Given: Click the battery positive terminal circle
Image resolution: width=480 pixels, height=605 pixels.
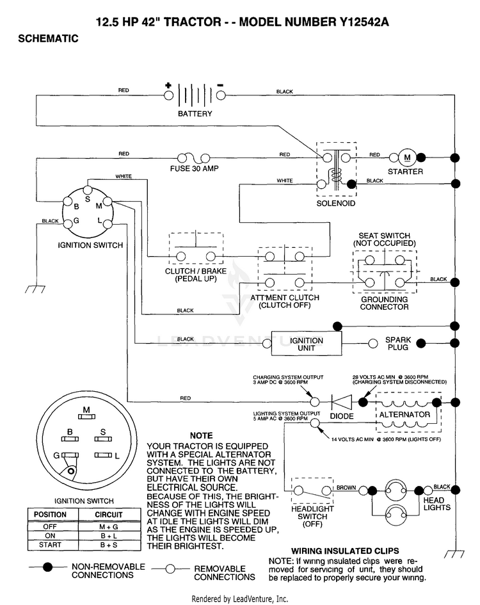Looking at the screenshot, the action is (x=168, y=95).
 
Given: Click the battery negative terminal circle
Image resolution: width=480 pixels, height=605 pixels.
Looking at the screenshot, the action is (x=221, y=95).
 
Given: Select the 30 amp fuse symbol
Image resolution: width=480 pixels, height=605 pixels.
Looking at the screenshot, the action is (x=194, y=158).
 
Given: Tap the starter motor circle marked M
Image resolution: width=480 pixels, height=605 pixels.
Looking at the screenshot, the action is (x=407, y=157).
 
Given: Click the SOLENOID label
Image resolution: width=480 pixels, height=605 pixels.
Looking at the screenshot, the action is (x=336, y=204).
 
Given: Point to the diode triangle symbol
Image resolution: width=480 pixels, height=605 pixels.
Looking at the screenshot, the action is (x=342, y=402).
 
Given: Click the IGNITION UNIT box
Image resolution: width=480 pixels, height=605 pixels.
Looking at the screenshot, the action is (x=307, y=343).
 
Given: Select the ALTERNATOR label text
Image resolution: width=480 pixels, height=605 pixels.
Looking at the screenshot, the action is (x=404, y=415).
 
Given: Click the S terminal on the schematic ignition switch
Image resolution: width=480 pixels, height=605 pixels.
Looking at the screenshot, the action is (x=88, y=190).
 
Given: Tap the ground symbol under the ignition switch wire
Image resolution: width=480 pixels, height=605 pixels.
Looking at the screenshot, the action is (x=35, y=289).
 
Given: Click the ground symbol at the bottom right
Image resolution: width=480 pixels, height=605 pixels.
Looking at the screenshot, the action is (x=454, y=554).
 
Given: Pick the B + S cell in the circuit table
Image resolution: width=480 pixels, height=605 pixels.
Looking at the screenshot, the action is (x=109, y=545).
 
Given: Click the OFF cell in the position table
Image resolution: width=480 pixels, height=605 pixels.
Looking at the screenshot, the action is (x=50, y=526).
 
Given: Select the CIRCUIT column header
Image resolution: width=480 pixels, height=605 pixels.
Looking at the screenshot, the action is (x=109, y=515).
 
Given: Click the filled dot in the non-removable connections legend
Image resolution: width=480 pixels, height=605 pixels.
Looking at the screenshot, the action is (x=47, y=567).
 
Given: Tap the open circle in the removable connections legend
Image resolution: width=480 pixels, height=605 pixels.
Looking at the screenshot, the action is (x=170, y=569).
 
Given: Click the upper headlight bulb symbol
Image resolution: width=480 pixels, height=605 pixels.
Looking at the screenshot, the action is (x=396, y=490).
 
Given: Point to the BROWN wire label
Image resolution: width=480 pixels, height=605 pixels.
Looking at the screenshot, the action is (x=346, y=487).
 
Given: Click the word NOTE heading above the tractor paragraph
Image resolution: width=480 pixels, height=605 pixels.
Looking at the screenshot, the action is (x=202, y=435).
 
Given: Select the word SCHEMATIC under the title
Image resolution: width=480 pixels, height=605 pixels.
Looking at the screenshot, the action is (x=48, y=38).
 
